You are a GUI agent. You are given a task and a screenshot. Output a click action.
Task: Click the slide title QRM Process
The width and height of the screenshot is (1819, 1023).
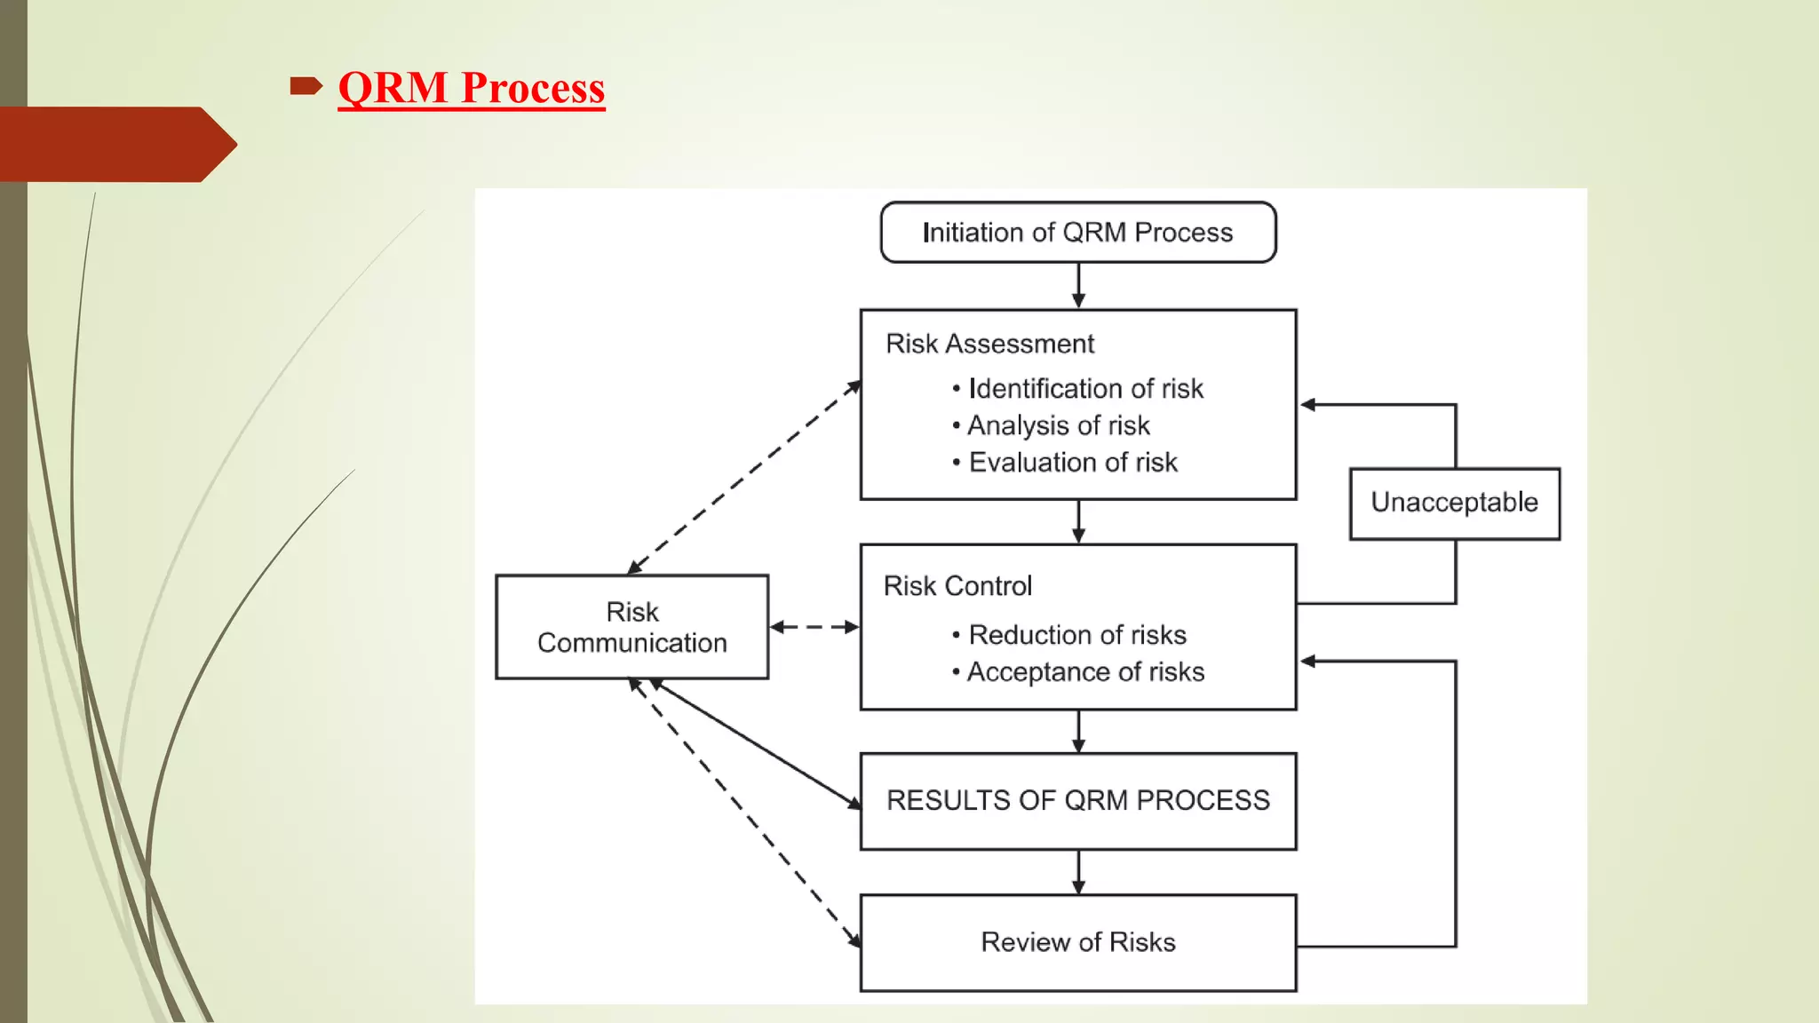click(x=471, y=88)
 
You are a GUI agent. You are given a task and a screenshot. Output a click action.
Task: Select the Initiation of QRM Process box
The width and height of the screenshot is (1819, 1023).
click(x=1077, y=233)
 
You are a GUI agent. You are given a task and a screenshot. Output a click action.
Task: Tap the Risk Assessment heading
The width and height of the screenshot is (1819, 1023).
click(x=989, y=344)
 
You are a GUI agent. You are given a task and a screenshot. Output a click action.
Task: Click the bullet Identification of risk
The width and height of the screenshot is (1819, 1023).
click(x=1084, y=389)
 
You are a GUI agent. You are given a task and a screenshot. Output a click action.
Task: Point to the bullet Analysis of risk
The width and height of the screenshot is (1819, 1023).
click(x=1058, y=425)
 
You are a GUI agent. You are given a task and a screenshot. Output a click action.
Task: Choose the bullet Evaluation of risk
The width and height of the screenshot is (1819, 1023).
click(x=1072, y=463)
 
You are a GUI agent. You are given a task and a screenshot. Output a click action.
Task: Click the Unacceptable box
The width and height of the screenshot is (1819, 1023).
click(x=1454, y=503)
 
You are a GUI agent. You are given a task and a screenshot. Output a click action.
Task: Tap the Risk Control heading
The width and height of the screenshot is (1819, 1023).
click(x=957, y=586)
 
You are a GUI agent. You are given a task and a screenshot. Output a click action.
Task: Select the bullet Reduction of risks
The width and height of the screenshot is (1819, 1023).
click(x=1076, y=635)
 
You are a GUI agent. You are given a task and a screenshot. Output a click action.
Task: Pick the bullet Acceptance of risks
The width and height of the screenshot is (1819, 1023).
click(x=1084, y=672)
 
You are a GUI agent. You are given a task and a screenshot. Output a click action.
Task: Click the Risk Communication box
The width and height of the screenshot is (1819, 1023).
click(x=631, y=627)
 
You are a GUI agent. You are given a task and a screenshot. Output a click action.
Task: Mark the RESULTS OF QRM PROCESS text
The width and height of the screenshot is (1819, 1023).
click(x=1077, y=800)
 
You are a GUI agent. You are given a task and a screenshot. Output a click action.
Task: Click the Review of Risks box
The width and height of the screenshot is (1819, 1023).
click(x=1077, y=942)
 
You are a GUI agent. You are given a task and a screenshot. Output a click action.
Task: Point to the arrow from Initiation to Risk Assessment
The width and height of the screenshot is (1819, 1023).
click(x=1078, y=285)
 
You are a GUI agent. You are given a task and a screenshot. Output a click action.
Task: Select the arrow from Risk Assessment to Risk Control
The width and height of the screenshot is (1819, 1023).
click(x=1078, y=521)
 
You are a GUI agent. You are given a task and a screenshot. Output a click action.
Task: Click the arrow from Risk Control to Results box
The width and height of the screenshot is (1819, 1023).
click(x=1078, y=731)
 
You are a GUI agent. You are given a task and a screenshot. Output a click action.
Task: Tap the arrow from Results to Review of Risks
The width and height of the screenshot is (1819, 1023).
click(x=1078, y=872)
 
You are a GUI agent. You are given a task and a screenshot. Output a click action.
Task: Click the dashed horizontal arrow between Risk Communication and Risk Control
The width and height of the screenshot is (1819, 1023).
click(x=814, y=627)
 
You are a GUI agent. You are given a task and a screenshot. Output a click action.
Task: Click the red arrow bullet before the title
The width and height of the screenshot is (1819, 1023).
click(x=305, y=86)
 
